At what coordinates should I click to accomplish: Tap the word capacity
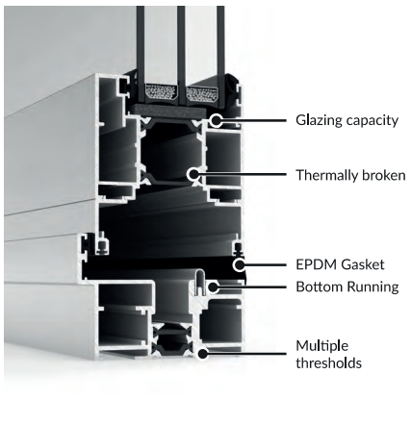click(x=372, y=121)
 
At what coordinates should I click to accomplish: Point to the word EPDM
click(x=317, y=264)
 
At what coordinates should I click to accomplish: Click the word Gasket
click(x=363, y=264)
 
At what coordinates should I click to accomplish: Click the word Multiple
click(x=321, y=346)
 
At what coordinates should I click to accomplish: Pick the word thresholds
click(x=328, y=363)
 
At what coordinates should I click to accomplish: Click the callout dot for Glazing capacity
click(x=217, y=120)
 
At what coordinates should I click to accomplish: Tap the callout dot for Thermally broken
click(x=193, y=175)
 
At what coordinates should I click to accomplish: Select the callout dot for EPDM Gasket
click(x=239, y=265)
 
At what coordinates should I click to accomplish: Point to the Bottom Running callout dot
click(x=213, y=287)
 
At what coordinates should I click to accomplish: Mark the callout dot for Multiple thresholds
click(x=202, y=354)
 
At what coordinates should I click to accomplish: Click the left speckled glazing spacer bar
click(x=161, y=92)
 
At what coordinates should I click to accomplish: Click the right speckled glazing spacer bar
click(x=202, y=93)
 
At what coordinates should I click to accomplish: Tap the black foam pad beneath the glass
click(x=167, y=111)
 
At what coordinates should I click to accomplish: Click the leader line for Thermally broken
click(x=243, y=175)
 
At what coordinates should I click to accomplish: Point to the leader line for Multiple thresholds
click(x=247, y=354)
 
